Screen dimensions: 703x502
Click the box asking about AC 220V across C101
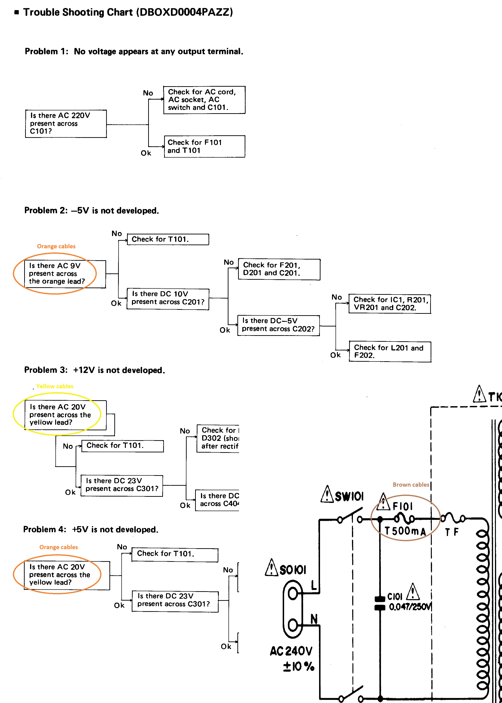[x=66, y=124]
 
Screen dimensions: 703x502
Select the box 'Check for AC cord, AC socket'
[x=204, y=100]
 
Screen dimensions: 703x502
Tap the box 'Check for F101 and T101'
[x=204, y=147]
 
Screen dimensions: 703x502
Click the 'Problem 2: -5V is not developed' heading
[x=92, y=210]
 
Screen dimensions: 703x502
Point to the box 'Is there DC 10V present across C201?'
[x=168, y=299]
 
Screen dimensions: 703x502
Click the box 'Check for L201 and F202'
[x=390, y=351]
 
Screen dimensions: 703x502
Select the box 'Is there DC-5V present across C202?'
[x=278, y=325]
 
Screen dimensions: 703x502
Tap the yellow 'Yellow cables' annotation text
[x=55, y=386]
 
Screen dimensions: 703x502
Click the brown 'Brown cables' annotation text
[x=411, y=484]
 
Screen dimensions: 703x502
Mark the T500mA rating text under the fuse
[x=405, y=531]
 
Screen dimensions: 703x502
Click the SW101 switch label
[x=349, y=497]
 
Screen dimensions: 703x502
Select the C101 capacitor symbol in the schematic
[x=380, y=603]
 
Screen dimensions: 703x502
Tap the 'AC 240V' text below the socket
[x=291, y=651]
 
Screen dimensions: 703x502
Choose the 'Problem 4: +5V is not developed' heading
[x=91, y=530]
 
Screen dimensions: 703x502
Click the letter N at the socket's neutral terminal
[x=314, y=619]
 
